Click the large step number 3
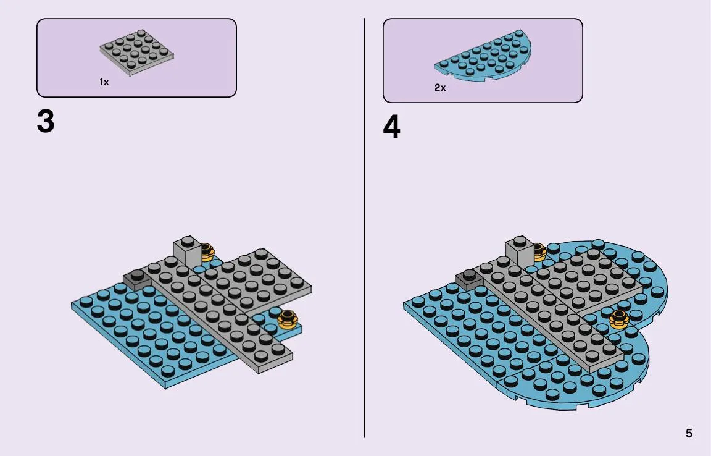coord(46,121)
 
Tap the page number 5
coord(689,433)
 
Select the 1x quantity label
coord(104,82)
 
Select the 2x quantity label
coord(440,88)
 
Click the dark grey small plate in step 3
coord(137,278)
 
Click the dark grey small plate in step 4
coord(469,278)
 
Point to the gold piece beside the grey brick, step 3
coord(207,252)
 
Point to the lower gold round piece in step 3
coord(288,319)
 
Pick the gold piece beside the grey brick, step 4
coord(539,252)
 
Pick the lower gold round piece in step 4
coord(620,319)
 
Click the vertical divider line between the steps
coord(364,228)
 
